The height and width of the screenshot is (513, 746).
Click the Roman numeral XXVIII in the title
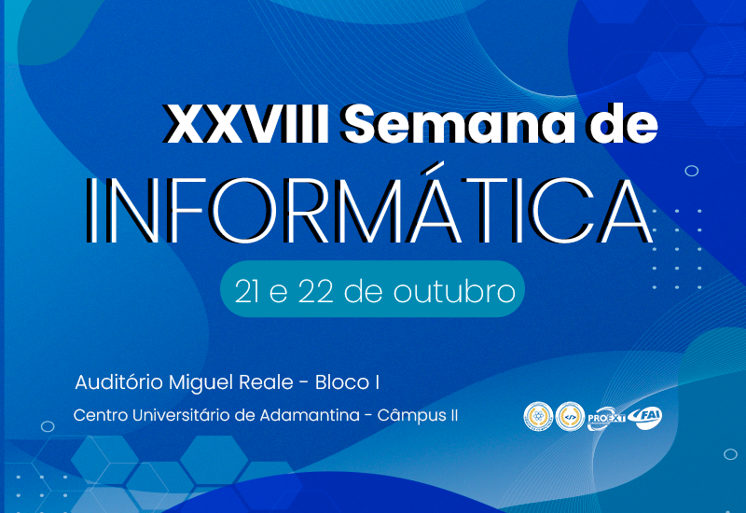[245, 124]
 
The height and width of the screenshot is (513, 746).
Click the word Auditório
[118, 382]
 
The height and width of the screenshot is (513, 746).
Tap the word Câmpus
[411, 415]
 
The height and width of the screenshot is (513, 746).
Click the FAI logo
[645, 417]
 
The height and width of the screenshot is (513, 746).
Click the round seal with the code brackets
[569, 416]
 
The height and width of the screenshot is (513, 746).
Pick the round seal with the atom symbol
[538, 416]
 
